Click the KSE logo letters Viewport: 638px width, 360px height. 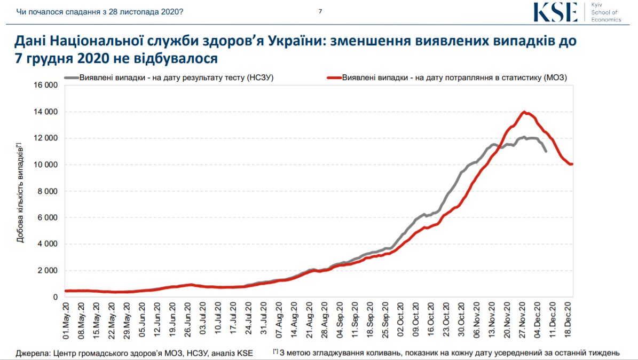pyautogui.click(x=555, y=12)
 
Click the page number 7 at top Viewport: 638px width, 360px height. pyautogui.click(x=320, y=11)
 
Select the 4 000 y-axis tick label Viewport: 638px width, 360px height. pyautogui.click(x=46, y=244)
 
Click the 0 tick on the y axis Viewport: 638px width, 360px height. pyautogui.click(x=55, y=297)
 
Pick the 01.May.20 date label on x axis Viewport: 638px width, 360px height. pyautogui.click(x=66, y=320)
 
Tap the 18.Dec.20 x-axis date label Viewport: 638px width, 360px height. pyautogui.click(x=570, y=320)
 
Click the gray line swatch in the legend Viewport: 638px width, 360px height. pyautogui.click(x=71, y=77)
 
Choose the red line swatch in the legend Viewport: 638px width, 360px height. pyautogui.click(x=333, y=77)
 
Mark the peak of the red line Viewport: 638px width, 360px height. pyautogui.click(x=524, y=112)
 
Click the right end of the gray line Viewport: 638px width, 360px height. pyautogui.click(x=546, y=152)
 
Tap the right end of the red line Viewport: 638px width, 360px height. pyautogui.click(x=572, y=164)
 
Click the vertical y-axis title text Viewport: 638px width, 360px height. pyautogui.click(x=20, y=192)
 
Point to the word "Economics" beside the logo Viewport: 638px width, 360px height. pyautogui.click(x=607, y=20)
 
